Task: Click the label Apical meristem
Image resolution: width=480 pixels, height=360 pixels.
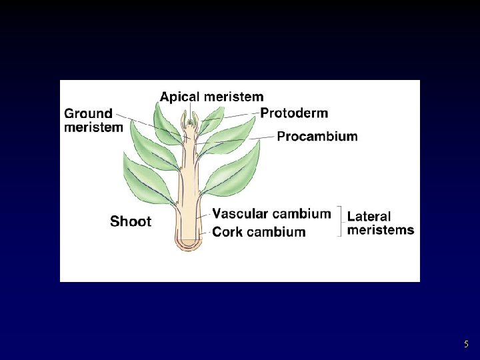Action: (x=211, y=97)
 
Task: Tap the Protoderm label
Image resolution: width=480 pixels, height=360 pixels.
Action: (x=294, y=113)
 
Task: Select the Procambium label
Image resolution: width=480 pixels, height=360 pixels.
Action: (x=317, y=137)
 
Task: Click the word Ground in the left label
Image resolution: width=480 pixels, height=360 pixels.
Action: (x=88, y=113)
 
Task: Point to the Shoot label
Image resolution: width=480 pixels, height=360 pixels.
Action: (x=131, y=221)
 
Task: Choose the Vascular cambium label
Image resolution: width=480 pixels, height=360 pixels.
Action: (x=271, y=214)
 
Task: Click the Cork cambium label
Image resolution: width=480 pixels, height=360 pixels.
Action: (x=259, y=232)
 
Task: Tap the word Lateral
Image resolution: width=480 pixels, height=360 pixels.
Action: (x=369, y=217)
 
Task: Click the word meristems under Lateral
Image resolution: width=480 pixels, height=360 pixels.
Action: (x=381, y=230)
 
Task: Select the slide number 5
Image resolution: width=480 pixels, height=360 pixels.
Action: (x=466, y=345)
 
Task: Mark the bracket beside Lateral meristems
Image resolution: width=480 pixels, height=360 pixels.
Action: (x=341, y=222)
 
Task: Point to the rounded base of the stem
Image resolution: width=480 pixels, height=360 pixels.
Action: (x=190, y=245)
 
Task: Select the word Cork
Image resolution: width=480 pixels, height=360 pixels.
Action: (x=227, y=232)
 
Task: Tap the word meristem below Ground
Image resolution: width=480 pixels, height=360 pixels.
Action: (x=93, y=127)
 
